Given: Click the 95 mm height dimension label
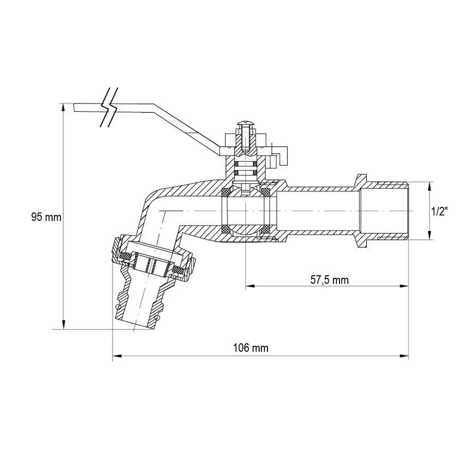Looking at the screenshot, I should (46, 217).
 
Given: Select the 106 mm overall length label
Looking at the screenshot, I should (251, 348).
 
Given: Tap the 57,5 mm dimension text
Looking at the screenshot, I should (330, 280).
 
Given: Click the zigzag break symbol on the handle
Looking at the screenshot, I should (110, 109).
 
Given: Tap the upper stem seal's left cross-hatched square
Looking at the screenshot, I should (237, 164).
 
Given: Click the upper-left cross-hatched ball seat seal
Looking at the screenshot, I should (226, 192).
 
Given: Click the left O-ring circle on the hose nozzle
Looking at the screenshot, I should (119, 307).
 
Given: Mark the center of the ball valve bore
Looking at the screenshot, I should (246, 211).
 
